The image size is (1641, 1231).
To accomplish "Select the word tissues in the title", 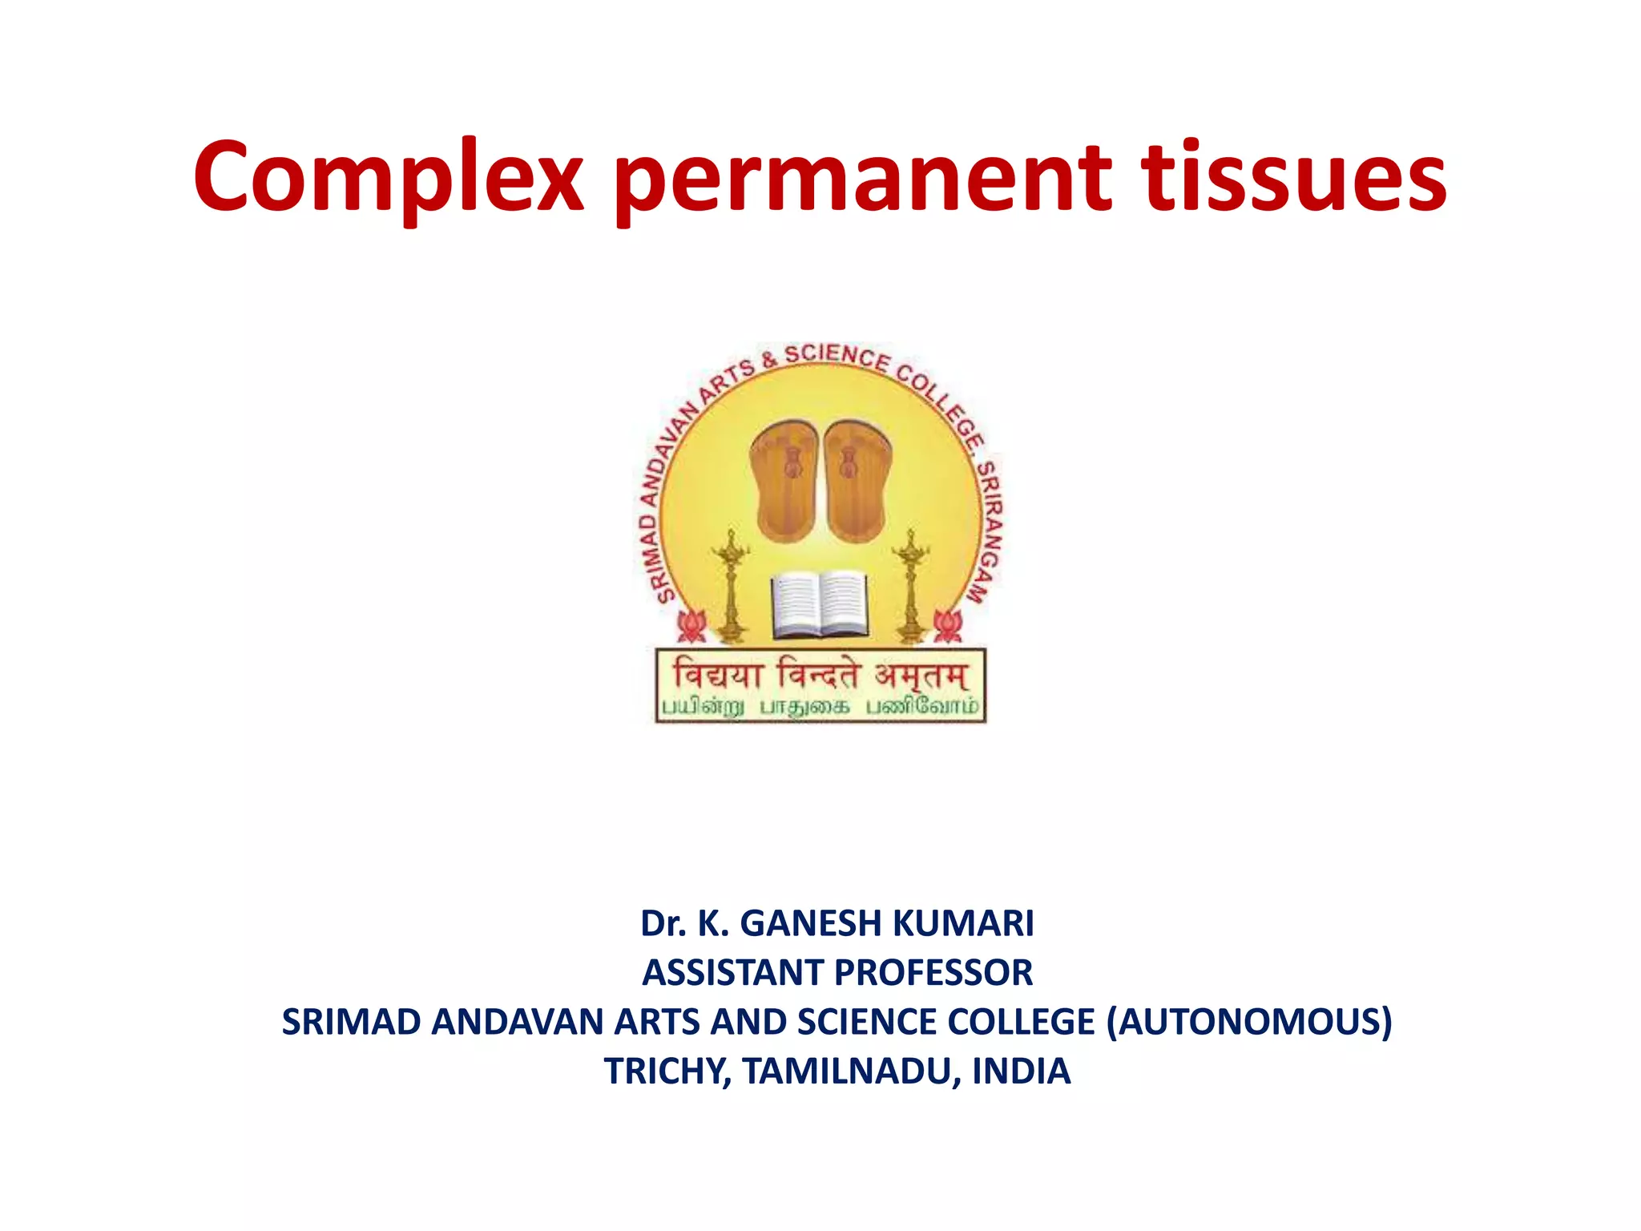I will [1293, 178].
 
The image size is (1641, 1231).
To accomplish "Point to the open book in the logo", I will [819, 603].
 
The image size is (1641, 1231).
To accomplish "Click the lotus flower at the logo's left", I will [691, 625].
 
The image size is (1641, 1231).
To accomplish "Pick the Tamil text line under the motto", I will [820, 707].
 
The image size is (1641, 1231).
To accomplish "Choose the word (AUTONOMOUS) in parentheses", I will [1248, 1022].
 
